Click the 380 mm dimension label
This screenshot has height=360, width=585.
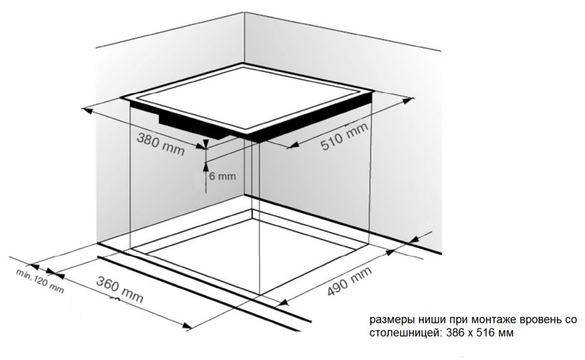[x=161, y=143]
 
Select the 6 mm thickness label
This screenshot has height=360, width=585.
[x=222, y=176]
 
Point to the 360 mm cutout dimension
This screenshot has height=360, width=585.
[x=120, y=289]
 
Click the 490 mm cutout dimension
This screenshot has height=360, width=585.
[x=350, y=282]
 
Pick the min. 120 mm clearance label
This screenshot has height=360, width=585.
[x=40, y=280]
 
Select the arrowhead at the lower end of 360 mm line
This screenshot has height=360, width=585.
[x=187, y=326]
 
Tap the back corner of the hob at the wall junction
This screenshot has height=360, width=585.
[x=244, y=64]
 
